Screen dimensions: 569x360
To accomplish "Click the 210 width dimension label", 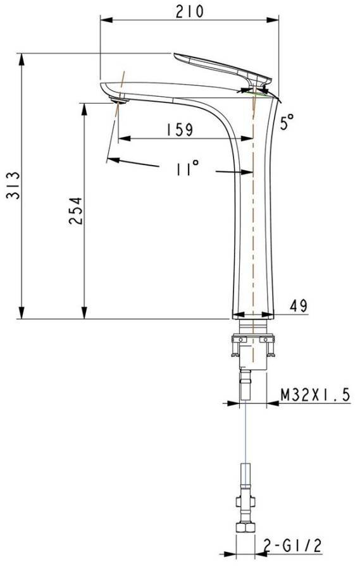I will coord(190,11).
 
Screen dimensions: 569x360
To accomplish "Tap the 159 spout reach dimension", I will coord(179,130).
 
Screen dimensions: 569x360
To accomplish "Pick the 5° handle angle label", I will coord(288,121).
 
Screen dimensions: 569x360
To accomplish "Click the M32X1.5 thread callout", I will coord(315,395).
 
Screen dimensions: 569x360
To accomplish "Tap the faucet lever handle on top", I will coord(221,66).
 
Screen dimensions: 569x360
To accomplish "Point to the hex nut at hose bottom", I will coord(245,530).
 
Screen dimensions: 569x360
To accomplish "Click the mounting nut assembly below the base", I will coord(252,348).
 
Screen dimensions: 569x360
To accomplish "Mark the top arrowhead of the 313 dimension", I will coord(23,58).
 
